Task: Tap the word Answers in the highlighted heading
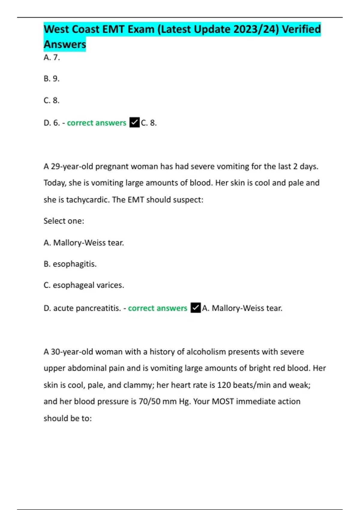point(65,44)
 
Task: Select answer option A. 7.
point(52,57)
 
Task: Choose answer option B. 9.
point(52,79)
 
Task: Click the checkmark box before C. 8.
point(134,122)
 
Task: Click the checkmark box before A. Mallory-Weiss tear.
point(196,308)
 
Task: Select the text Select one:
point(64,221)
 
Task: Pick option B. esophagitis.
point(70,264)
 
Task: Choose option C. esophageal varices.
point(84,285)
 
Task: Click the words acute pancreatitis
point(87,308)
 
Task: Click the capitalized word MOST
point(223,401)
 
